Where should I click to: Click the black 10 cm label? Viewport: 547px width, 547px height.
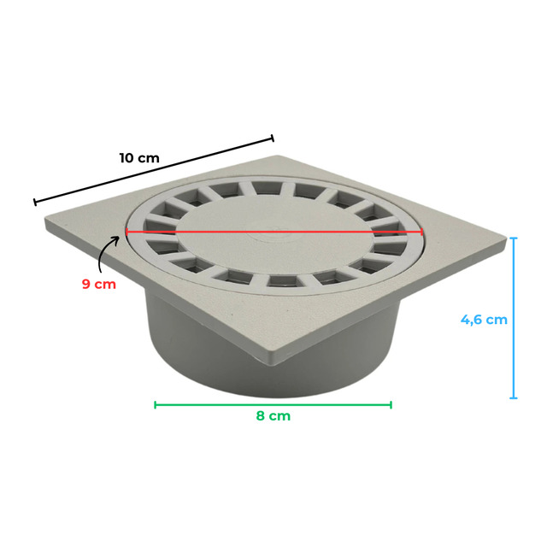tap(139, 158)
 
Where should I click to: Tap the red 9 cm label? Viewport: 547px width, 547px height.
tap(99, 284)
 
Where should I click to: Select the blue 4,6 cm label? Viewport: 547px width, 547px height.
tap(484, 320)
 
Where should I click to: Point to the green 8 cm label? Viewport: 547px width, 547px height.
tap(273, 416)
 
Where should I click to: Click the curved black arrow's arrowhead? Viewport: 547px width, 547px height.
tap(116, 238)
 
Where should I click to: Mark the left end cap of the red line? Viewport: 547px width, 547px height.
tap(126, 232)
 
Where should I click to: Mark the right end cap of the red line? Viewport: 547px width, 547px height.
tap(422, 232)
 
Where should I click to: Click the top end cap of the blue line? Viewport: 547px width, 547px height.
tap(514, 238)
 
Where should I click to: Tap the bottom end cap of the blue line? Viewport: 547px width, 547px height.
tap(514, 397)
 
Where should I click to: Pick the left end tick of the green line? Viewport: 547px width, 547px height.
tap(156, 404)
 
